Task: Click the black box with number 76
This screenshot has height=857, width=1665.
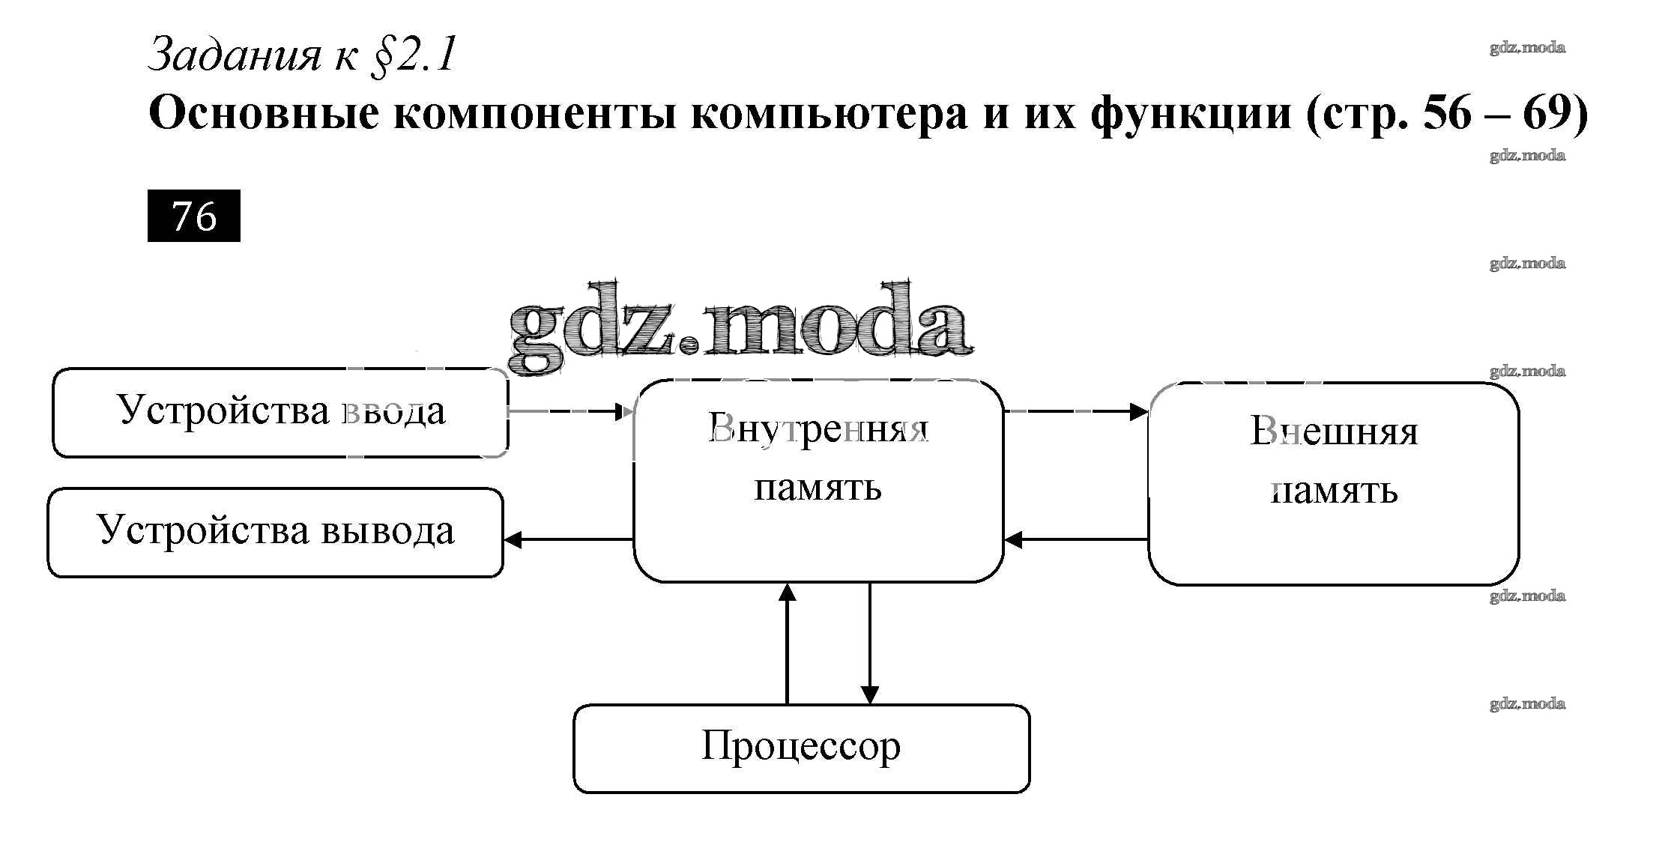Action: [x=193, y=216]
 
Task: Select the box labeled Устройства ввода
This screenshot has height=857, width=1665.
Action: [x=280, y=412]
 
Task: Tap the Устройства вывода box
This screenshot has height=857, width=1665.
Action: [x=275, y=532]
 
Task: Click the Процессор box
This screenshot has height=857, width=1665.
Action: [x=801, y=748]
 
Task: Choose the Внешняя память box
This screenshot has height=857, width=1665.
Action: [x=1333, y=483]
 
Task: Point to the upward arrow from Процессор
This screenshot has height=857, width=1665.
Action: [x=787, y=643]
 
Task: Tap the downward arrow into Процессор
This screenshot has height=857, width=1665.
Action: [x=869, y=643]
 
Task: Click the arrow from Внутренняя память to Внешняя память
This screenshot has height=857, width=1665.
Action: [x=1075, y=411]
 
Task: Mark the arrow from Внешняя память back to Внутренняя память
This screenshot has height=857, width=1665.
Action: [x=1075, y=539]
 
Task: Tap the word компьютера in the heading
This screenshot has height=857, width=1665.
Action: [x=829, y=114]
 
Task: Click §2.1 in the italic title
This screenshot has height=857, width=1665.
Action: [x=413, y=55]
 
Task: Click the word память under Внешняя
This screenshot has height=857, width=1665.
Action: [x=1334, y=491]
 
